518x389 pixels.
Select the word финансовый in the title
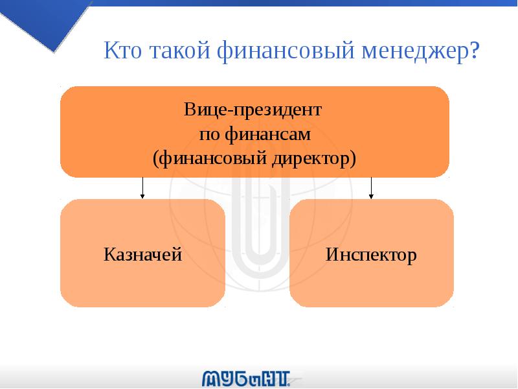(x=282, y=51)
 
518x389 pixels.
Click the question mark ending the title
(x=476, y=51)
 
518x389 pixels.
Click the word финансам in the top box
(x=270, y=134)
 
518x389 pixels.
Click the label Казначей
(x=142, y=254)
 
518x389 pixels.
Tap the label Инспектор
(x=371, y=254)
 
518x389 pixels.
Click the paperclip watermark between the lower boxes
(x=257, y=259)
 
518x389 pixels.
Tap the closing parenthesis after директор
(x=353, y=158)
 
